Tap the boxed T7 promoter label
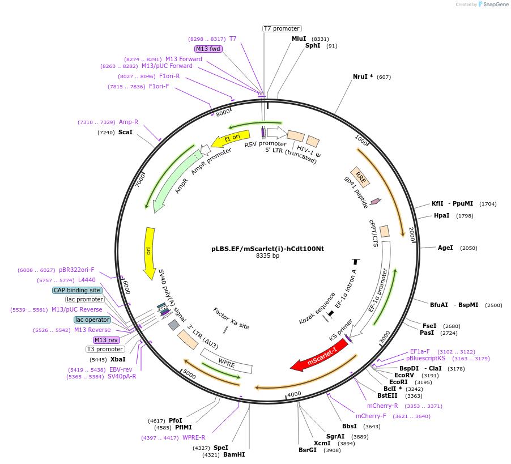(282, 28)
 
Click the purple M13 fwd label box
(208, 49)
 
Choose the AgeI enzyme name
(445, 248)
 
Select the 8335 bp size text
(267, 256)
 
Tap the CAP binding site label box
(77, 290)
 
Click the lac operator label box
(92, 320)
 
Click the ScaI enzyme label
(125, 133)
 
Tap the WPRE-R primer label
(194, 437)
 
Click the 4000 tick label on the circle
(294, 394)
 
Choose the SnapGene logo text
(495, 5)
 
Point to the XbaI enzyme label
(118, 359)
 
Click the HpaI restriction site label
(441, 215)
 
